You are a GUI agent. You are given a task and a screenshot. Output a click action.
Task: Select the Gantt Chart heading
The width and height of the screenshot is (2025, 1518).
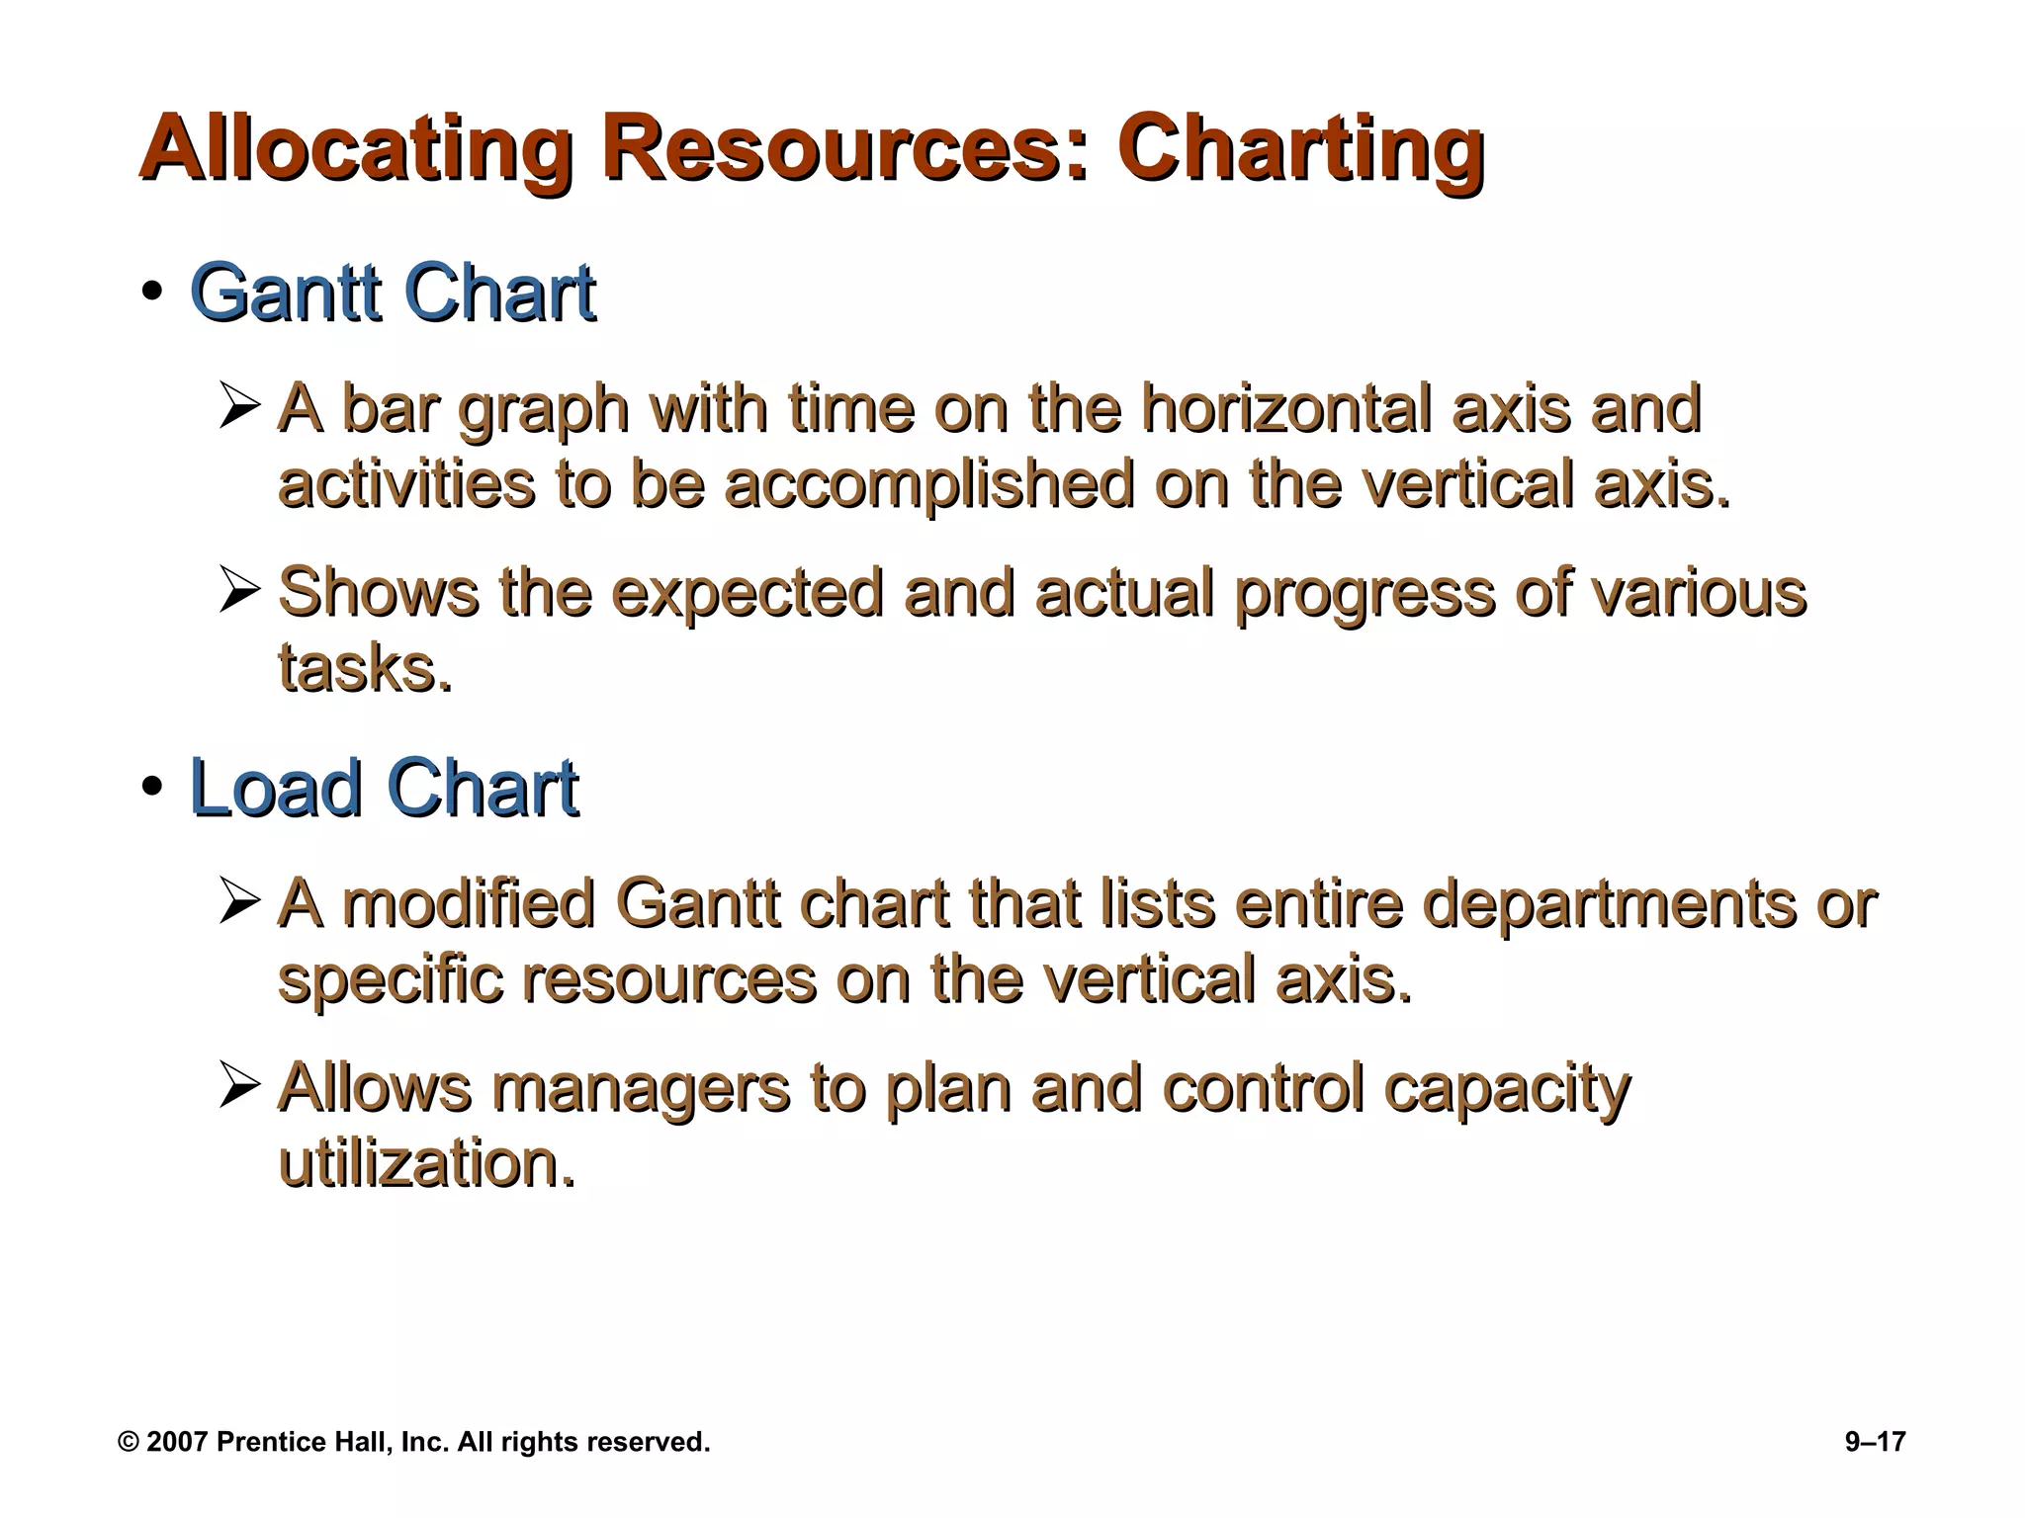click(x=393, y=294)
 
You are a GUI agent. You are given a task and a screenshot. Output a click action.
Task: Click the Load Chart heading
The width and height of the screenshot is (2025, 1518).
click(x=384, y=789)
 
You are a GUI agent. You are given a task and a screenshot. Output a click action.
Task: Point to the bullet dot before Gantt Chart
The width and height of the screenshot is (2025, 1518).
click(x=151, y=294)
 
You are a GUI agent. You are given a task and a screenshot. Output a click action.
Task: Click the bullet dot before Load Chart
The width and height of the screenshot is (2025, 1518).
click(x=151, y=788)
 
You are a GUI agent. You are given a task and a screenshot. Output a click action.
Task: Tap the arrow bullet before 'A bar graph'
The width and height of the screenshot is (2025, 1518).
click(x=239, y=407)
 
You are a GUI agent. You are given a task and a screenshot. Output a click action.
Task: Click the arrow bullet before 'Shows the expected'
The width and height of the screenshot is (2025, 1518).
click(x=239, y=591)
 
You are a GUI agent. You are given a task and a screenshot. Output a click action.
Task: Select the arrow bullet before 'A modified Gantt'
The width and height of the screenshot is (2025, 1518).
click(x=239, y=902)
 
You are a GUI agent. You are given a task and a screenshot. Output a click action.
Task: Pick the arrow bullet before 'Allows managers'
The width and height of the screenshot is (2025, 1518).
click(x=239, y=1085)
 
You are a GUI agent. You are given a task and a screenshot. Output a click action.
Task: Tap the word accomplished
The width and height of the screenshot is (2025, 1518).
click(x=929, y=486)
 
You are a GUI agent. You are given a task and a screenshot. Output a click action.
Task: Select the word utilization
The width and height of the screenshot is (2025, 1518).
click(x=426, y=1163)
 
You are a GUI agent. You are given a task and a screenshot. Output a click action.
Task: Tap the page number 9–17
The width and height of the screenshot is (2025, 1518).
click(x=1875, y=1442)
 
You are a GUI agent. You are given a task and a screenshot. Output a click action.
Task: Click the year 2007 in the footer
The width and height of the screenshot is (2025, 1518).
click(x=177, y=1442)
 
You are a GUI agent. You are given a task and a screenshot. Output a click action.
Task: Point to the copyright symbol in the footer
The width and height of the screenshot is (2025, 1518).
click(x=128, y=1442)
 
